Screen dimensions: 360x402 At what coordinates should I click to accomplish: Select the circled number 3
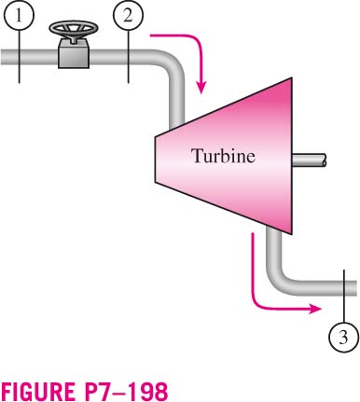(x=343, y=338)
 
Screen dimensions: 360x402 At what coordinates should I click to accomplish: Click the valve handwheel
(x=74, y=28)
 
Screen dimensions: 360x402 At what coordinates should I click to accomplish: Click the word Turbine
(x=224, y=156)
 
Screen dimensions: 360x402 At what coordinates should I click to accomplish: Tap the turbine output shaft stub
(x=310, y=160)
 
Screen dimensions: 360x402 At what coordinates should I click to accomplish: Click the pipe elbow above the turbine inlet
(x=172, y=62)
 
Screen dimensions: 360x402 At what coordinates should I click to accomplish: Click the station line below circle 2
(x=129, y=57)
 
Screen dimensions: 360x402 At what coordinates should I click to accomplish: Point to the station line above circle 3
(x=344, y=297)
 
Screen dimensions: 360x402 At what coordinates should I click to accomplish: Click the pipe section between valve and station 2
(x=109, y=57)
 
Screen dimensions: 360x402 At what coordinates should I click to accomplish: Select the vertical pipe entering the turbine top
(x=177, y=100)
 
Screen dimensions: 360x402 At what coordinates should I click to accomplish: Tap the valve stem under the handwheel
(x=74, y=38)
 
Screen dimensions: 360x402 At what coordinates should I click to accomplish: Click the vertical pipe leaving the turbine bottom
(x=274, y=249)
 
